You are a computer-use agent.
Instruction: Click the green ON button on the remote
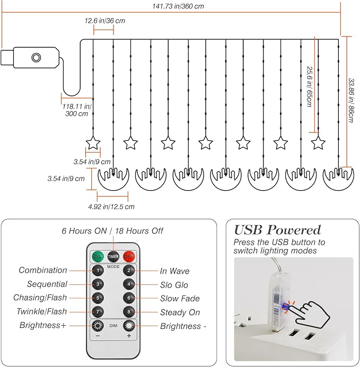pos(98,257)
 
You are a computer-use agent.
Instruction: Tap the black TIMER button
pos(113,257)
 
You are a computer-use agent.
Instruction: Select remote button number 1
pos(98,271)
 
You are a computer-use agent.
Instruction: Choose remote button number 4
pos(129,284)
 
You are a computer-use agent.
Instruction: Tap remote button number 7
pos(98,312)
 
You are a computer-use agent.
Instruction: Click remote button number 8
pos(129,312)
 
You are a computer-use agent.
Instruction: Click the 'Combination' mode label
pos(43,270)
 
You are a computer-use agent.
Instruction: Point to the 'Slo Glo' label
pos(174,285)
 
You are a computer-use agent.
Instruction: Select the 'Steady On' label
pos(180,312)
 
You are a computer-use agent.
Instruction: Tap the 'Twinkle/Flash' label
pos(42,311)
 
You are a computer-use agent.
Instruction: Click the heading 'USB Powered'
pos(277,230)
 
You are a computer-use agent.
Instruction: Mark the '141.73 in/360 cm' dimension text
pos(178,6)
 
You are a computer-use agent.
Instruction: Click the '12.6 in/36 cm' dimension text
pos(105,21)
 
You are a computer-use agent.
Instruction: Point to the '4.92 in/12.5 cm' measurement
pos(111,207)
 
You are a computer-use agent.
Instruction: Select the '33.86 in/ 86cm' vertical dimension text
pos(351,101)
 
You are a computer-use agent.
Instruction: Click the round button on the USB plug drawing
pos(36,57)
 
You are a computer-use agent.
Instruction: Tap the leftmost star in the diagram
pos(93,143)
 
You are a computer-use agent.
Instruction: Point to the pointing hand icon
pos(310,314)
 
